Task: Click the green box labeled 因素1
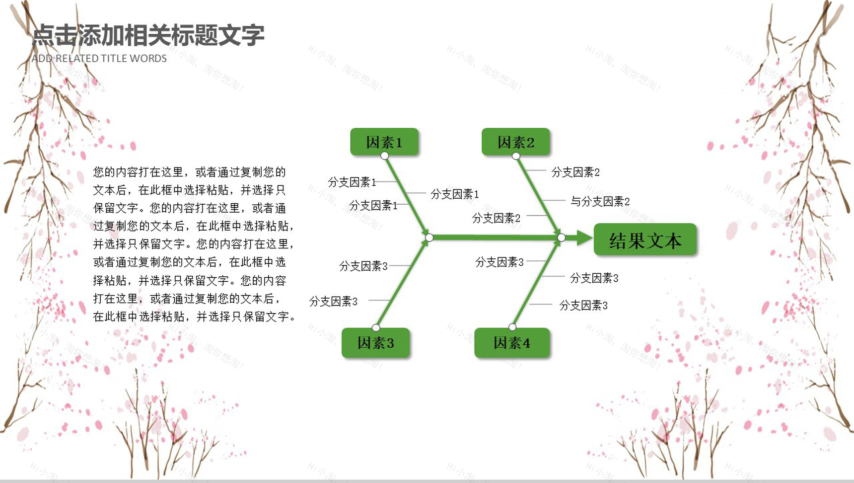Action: pyautogui.click(x=384, y=142)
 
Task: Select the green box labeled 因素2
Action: pyautogui.click(x=515, y=142)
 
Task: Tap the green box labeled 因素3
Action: pyautogui.click(x=375, y=342)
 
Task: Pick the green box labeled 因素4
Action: pyautogui.click(x=512, y=342)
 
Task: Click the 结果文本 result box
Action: pyautogui.click(x=645, y=241)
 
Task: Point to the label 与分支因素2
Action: pyautogui.click(x=600, y=201)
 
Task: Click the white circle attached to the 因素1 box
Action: pyautogui.click(x=384, y=156)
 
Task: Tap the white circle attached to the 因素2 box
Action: pyautogui.click(x=516, y=156)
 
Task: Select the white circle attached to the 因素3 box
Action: pyautogui.click(x=376, y=327)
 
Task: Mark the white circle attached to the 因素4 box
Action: pyautogui.click(x=512, y=327)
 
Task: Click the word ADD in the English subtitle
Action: pyautogui.click(x=42, y=58)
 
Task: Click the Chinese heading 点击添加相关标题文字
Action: pyautogui.click(x=148, y=35)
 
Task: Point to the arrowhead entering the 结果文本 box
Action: pyautogui.click(x=584, y=238)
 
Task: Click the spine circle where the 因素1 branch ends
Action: pyautogui.click(x=429, y=238)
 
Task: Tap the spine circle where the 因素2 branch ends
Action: pyautogui.click(x=561, y=238)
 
